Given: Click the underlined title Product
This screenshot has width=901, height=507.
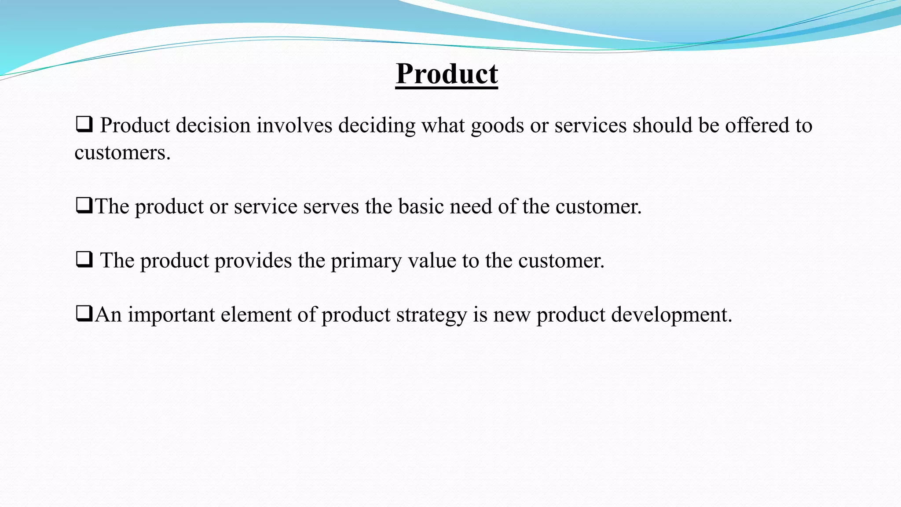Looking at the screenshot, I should [447, 74].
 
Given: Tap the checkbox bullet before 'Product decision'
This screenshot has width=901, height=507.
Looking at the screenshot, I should [84, 125].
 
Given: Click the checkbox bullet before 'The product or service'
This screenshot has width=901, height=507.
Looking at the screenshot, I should [84, 206].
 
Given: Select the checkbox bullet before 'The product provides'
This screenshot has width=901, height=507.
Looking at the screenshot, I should [84, 260].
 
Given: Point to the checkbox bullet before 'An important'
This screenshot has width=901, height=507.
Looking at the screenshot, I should [84, 314].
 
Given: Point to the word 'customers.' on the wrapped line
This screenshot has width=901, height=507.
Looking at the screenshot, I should [122, 153].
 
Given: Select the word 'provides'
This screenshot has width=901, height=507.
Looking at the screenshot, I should [253, 261].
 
